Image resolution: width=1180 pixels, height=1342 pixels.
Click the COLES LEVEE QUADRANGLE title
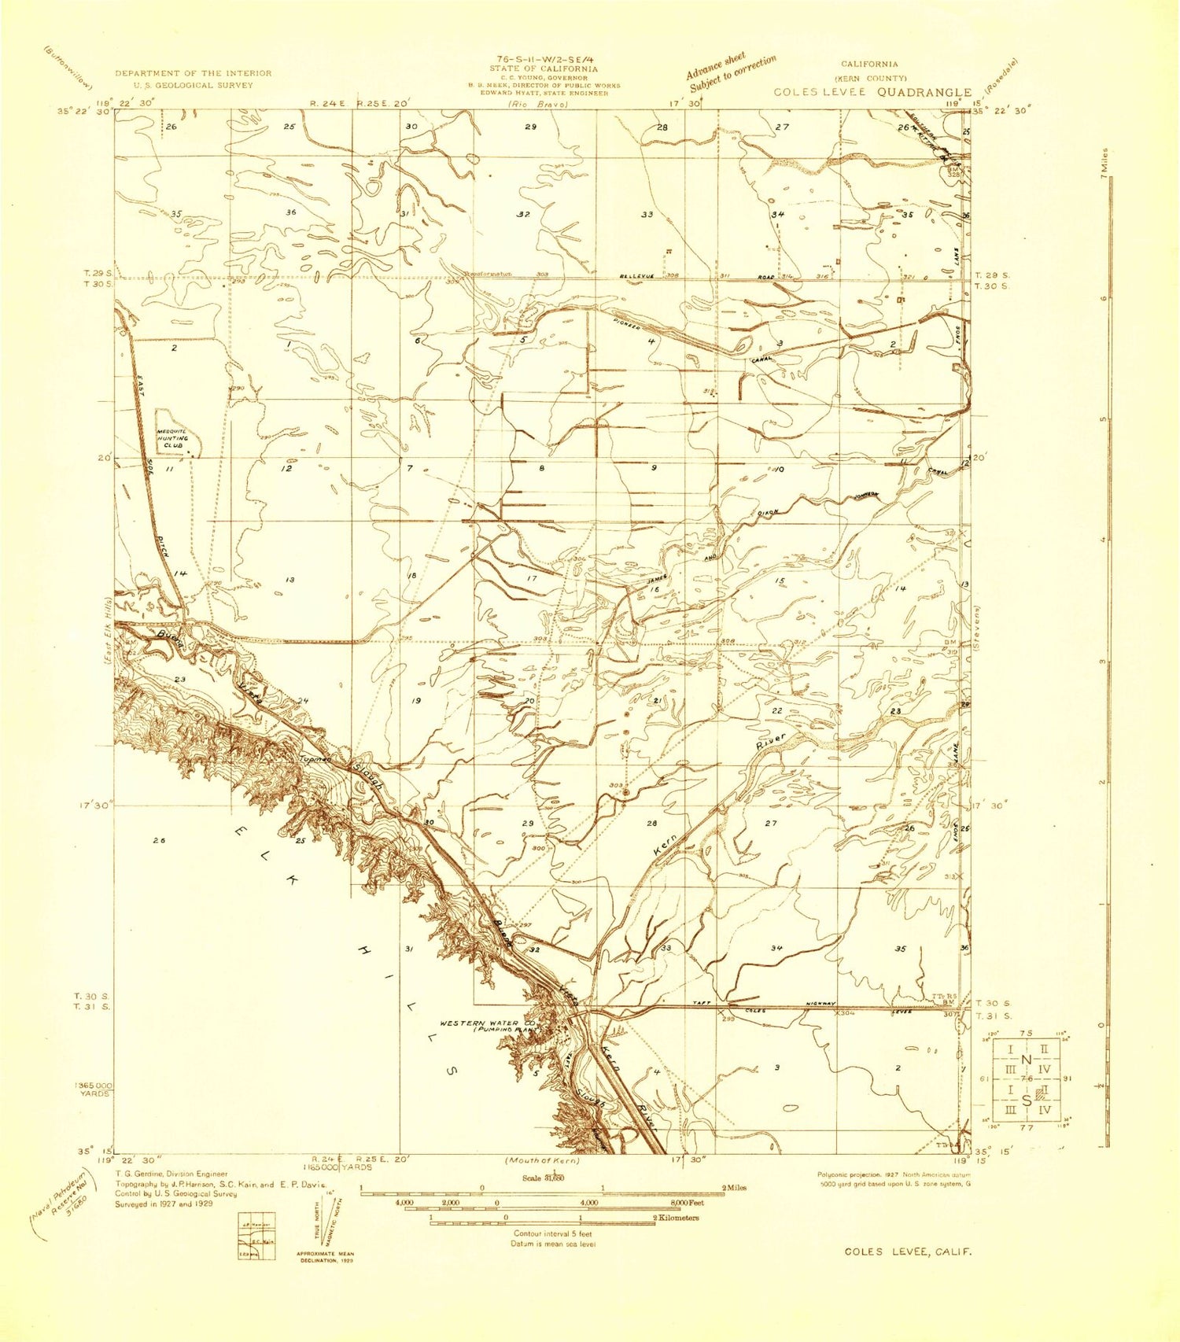click(872, 92)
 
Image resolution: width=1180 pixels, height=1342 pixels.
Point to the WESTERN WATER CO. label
click(479, 1023)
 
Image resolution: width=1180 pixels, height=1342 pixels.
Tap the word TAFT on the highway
click(702, 1004)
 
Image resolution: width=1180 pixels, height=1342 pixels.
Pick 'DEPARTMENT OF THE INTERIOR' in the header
click(193, 73)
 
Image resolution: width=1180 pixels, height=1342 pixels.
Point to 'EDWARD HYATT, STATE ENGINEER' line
click(544, 93)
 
